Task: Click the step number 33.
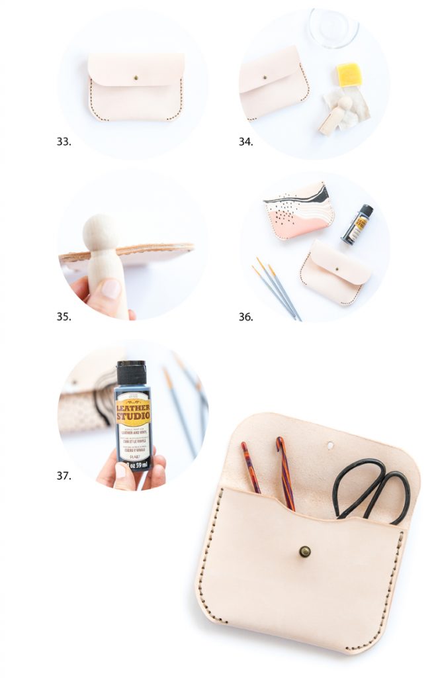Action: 64,142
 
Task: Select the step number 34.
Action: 245,142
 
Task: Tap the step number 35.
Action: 64,316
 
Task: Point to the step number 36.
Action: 245,316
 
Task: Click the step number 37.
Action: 64,475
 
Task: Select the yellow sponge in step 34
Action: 349,74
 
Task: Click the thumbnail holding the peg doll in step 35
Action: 111,289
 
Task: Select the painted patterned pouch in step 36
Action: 298,209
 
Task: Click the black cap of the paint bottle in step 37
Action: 131,373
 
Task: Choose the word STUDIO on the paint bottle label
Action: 133,416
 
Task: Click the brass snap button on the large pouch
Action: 304,551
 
